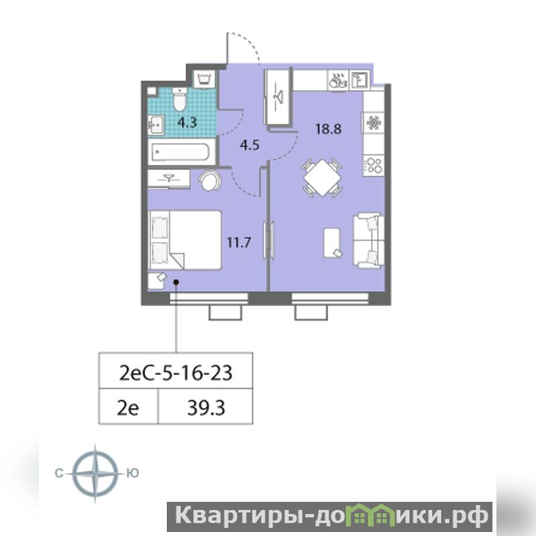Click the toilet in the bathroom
coord(180,99)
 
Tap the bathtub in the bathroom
coord(181,152)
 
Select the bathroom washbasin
coord(156,125)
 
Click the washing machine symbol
coord(204,79)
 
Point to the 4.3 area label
coord(188,123)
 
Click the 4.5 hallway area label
coord(249,145)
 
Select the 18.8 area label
coord(328,129)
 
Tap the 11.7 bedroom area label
coord(239,243)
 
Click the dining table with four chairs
coord(322,178)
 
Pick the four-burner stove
coord(374,165)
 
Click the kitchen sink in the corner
coord(359,80)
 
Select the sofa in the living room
coord(368,241)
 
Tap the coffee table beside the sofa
coord(332,243)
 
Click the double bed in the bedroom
coord(185,240)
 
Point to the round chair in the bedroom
coord(210,180)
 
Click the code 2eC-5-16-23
coord(176,373)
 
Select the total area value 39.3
coord(206,408)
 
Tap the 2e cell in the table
coord(128,408)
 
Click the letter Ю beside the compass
coord(132,473)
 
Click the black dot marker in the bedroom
coord(176,282)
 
